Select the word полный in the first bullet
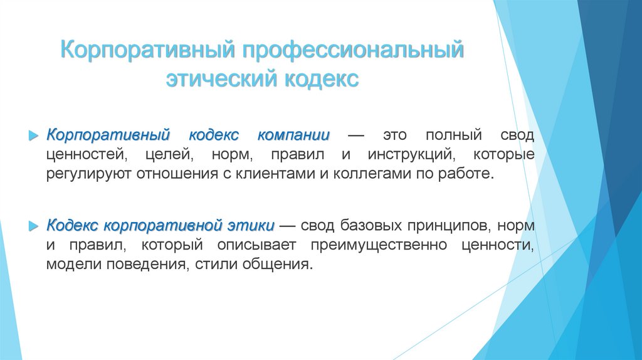pos(454,136)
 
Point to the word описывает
pos(253,244)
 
